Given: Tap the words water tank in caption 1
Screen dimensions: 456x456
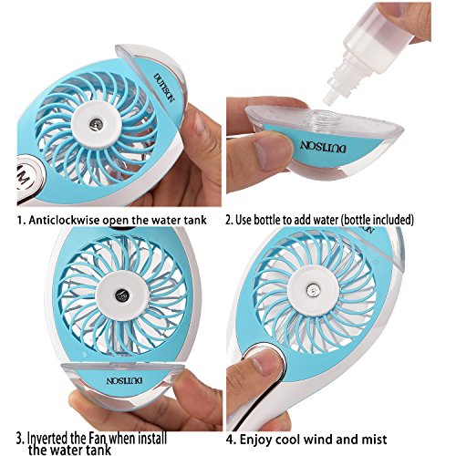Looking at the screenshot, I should point(187,221).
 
